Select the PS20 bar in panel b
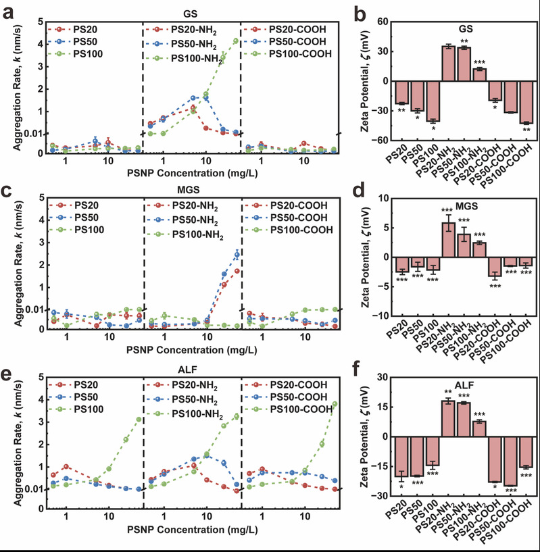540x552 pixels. point(401,92)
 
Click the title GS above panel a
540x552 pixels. point(191,12)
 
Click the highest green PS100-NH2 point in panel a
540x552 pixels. point(235,41)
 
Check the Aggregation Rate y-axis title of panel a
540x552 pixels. point(14,88)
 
